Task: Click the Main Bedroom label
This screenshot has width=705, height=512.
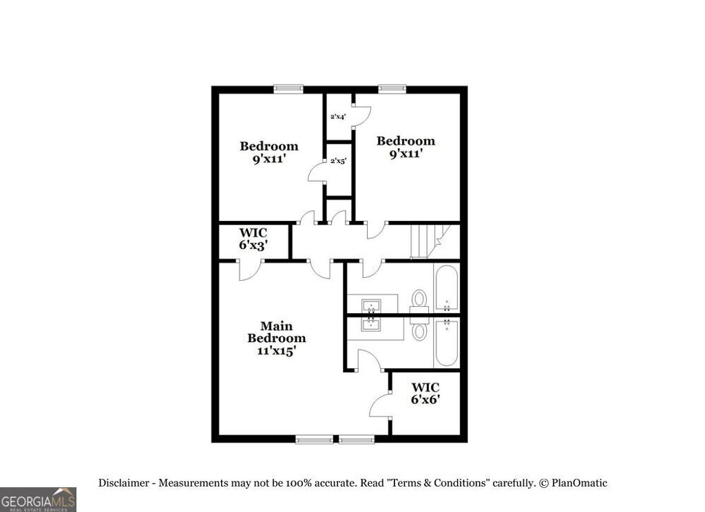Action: coord(276,332)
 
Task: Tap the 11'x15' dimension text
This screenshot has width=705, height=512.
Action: coord(276,350)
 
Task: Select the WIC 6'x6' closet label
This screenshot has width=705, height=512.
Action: coord(425,394)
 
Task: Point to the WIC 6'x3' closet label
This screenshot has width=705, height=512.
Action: coord(253,239)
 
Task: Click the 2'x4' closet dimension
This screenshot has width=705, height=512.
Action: coord(337,117)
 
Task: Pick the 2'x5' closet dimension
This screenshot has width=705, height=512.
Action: coord(338,161)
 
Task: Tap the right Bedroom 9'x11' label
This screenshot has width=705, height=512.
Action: coord(406,147)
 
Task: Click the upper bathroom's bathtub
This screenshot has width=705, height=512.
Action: coord(446,288)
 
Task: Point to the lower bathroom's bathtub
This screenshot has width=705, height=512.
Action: coord(446,342)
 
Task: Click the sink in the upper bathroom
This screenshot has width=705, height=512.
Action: coord(372,303)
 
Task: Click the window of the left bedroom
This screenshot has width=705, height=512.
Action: coord(288,88)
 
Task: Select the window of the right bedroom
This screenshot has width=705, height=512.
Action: coord(392,88)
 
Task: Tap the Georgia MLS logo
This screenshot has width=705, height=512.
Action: coord(38,499)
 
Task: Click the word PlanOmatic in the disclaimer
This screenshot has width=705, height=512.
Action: coord(579,483)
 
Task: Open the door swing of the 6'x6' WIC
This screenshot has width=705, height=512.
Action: coord(380,407)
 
